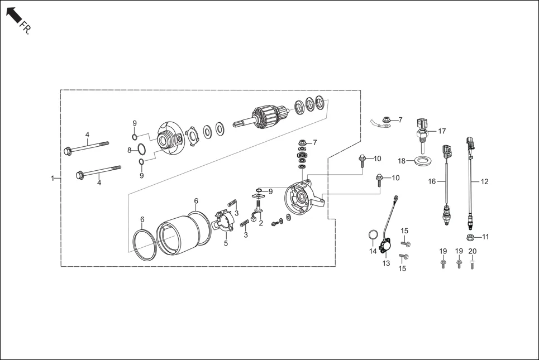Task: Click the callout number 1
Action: (x=53, y=179)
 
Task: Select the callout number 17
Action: (x=442, y=131)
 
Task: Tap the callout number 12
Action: (x=484, y=181)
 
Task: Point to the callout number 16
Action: (x=432, y=181)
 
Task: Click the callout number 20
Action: (x=472, y=251)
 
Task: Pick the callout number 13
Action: (x=385, y=263)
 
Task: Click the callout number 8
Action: (x=128, y=150)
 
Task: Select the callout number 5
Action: (x=226, y=243)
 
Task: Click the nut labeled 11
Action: (x=471, y=237)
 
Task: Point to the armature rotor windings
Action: (x=267, y=113)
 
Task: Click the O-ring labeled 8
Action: (x=142, y=149)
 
